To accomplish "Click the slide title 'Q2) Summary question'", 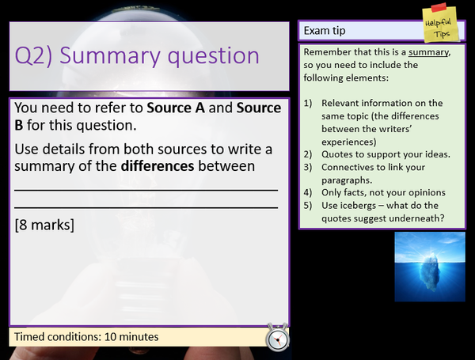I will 137,56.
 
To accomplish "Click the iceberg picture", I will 430,267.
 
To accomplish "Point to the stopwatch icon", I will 277,336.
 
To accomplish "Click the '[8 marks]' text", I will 44,225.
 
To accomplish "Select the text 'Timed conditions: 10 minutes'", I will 86,337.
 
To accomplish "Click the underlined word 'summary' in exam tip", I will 427,53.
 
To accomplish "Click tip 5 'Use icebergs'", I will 376,213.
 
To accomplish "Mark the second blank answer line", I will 146,207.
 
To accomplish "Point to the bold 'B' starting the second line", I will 19,125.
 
